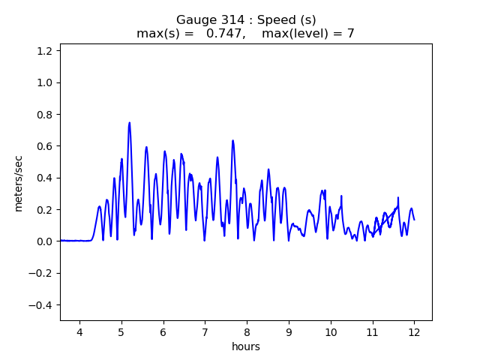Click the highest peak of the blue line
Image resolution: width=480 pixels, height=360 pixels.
pos(130,123)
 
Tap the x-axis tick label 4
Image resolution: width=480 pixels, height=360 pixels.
pos(79,331)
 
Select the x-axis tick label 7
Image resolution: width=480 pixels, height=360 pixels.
pos(205,331)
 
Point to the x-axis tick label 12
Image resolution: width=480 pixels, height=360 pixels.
pos(414,331)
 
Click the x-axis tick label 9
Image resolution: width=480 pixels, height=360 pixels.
pos(289,331)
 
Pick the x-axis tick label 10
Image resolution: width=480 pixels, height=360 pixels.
pos(331,331)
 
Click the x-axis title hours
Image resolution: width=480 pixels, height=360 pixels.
pos(246,346)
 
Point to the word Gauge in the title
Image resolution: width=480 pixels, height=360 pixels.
pos(193,20)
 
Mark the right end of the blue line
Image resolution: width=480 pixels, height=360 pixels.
pos(414,220)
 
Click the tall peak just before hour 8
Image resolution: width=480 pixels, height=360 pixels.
pos(233,141)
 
